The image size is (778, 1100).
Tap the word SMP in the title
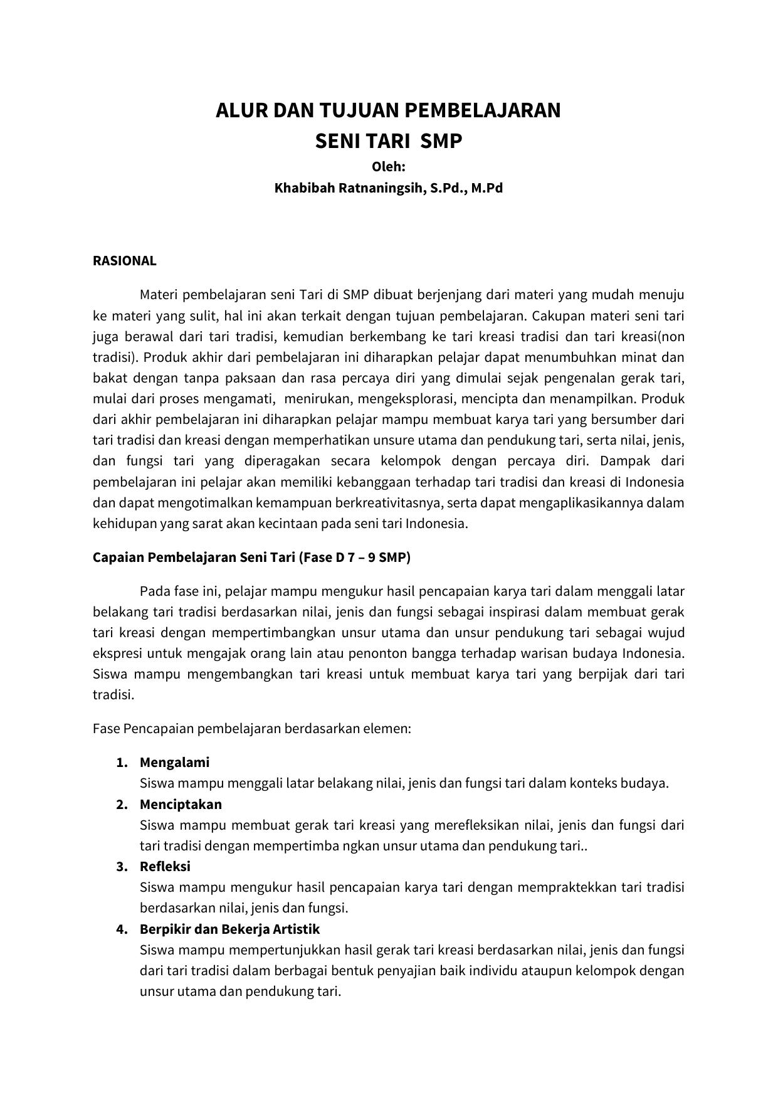441,141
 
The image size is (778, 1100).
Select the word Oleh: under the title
389,167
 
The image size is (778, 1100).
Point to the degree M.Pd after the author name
487,188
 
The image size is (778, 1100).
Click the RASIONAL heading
124,261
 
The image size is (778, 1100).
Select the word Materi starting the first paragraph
159,295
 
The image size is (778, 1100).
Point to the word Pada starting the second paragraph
153,591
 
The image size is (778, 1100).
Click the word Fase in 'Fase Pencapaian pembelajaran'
106,729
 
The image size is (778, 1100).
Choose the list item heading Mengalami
174,763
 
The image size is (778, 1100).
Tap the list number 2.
122,805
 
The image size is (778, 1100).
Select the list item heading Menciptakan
181,805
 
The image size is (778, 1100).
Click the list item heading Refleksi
165,867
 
